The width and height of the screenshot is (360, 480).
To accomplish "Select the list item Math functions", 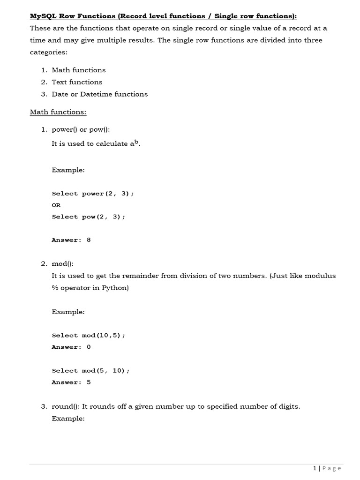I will pyautogui.click(x=78, y=70).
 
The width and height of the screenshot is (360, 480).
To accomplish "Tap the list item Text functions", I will pyautogui.click(x=77, y=82).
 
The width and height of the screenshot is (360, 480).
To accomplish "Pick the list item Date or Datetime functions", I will pyautogui.click(x=99, y=94).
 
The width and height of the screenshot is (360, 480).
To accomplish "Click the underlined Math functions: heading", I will pyautogui.click(x=58, y=112).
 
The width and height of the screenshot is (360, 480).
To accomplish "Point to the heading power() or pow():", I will pyautogui.click(x=80, y=130).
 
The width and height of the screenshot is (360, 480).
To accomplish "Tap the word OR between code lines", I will pyautogui.click(x=56, y=205).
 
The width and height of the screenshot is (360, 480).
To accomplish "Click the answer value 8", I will pyautogui.click(x=89, y=240).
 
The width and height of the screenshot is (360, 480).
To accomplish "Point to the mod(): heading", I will pyautogui.click(x=62, y=264).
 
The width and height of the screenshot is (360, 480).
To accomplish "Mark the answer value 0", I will pyautogui.click(x=89, y=347).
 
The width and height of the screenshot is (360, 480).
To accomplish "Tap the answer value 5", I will pyautogui.click(x=89, y=382).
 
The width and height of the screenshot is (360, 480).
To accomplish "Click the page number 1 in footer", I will pyautogui.click(x=315, y=468).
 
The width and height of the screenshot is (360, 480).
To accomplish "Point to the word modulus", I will pyautogui.click(x=320, y=276).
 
